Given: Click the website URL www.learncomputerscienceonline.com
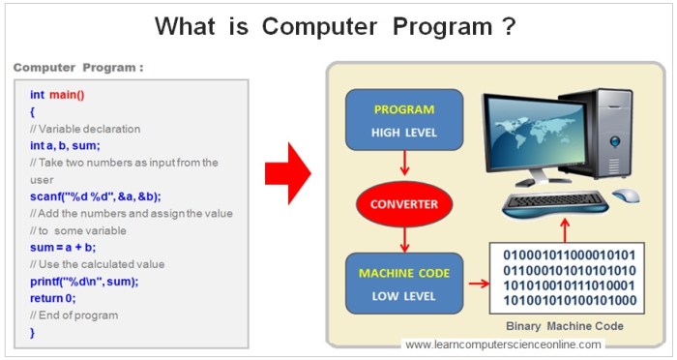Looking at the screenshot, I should click(503, 345).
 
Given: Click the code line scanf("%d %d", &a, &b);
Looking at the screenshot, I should click(95, 196).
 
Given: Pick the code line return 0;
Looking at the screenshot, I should click(53, 298).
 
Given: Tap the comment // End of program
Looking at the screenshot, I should click(74, 315).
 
